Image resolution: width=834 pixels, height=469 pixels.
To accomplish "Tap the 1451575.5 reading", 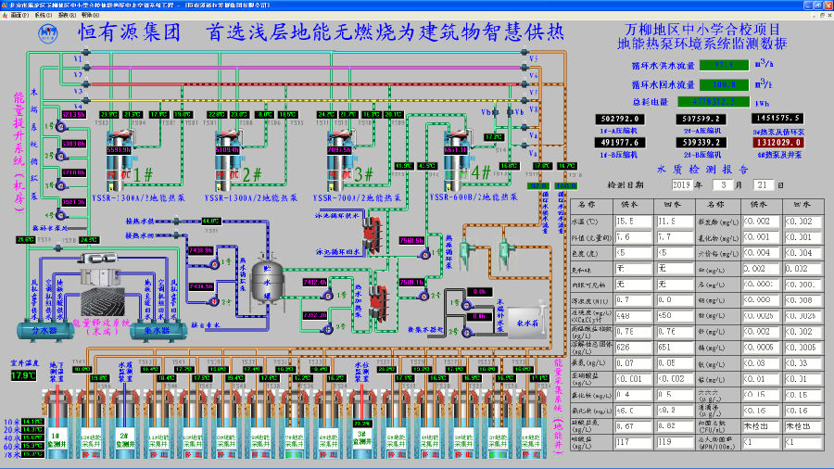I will [778, 119].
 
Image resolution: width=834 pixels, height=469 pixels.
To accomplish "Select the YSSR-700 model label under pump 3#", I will [356, 196].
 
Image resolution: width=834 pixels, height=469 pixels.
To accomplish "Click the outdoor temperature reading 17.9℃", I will [23, 376].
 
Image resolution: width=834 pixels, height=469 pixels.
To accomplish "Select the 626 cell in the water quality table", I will [627, 347].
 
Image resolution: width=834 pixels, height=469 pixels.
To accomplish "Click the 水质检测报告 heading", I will [701, 170].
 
